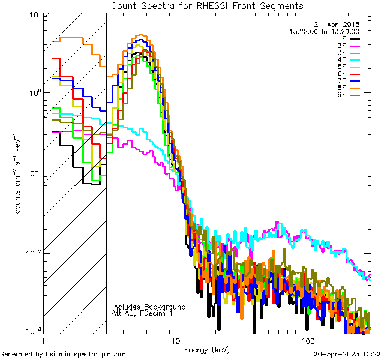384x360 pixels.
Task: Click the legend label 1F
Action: click(342, 38)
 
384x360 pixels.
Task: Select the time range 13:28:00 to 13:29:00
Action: click(325, 31)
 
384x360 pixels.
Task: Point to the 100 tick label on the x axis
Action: click(307, 340)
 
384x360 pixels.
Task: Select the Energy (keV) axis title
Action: click(206, 349)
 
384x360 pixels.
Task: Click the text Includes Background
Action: click(149, 307)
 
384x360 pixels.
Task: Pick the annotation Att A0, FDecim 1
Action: click(143, 313)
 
